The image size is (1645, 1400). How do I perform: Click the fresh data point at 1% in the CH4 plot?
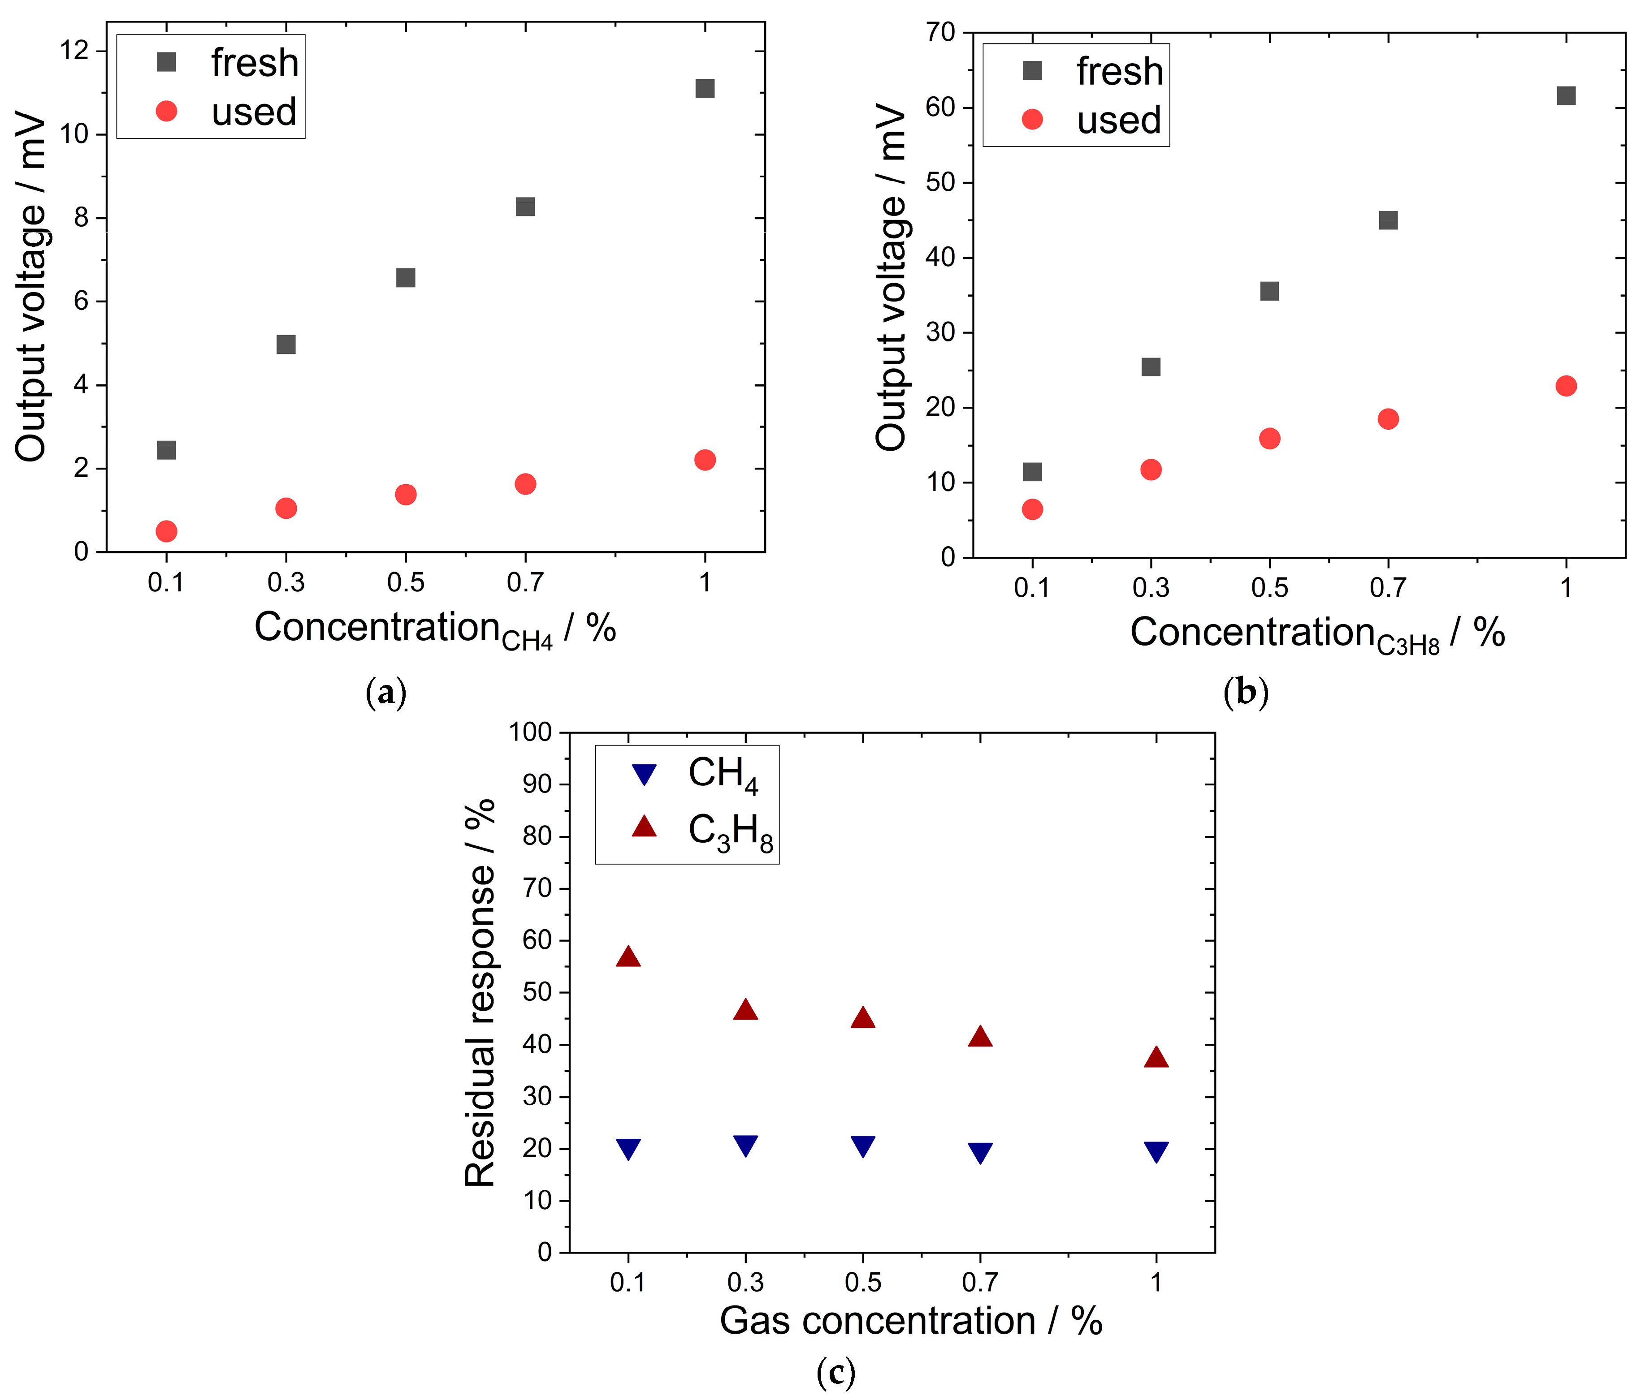tap(704, 88)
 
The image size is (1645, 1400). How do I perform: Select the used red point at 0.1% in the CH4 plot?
tap(166, 531)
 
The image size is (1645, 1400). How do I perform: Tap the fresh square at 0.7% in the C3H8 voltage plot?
tap(1388, 220)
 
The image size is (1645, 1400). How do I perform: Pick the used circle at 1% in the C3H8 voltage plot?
tap(1566, 386)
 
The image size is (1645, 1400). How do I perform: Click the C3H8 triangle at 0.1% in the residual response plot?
tap(628, 956)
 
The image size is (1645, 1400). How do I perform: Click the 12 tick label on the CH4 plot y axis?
tap(74, 51)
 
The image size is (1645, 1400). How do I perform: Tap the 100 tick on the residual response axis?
tap(530, 732)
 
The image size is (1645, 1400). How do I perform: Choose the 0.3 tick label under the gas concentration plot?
tap(745, 1282)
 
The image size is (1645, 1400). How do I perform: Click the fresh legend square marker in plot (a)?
tap(166, 62)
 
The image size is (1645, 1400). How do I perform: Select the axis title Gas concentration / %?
tap(911, 1321)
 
